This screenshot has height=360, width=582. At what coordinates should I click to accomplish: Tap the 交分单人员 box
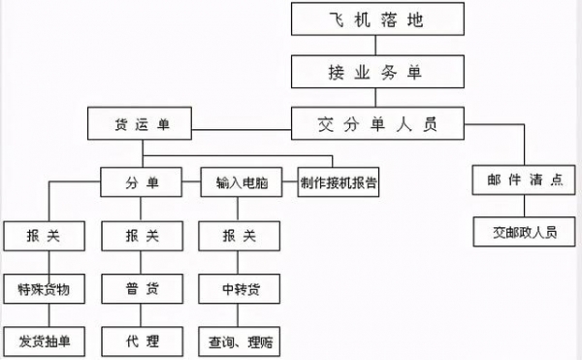click(x=377, y=123)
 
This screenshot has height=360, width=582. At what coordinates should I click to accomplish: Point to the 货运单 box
click(x=142, y=123)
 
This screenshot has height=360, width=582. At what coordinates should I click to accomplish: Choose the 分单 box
click(x=142, y=181)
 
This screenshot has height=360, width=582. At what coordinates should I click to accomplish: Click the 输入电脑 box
click(x=242, y=181)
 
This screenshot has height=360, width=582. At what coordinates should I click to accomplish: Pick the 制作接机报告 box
click(x=339, y=181)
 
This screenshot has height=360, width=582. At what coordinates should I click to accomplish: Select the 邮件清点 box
click(x=513, y=180)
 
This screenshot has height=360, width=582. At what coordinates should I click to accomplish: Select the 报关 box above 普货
click(x=142, y=235)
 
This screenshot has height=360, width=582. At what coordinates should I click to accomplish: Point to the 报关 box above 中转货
click(x=242, y=235)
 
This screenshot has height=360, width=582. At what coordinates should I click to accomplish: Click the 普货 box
click(x=142, y=288)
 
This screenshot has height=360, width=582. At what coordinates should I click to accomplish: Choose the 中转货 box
click(x=242, y=288)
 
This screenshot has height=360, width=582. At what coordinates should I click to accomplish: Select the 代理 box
click(x=142, y=341)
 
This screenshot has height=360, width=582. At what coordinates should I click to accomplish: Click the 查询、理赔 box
click(x=242, y=341)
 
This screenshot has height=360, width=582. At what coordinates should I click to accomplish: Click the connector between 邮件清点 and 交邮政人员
click(x=513, y=207)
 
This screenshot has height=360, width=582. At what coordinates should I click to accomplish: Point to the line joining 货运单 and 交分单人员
click(x=242, y=123)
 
